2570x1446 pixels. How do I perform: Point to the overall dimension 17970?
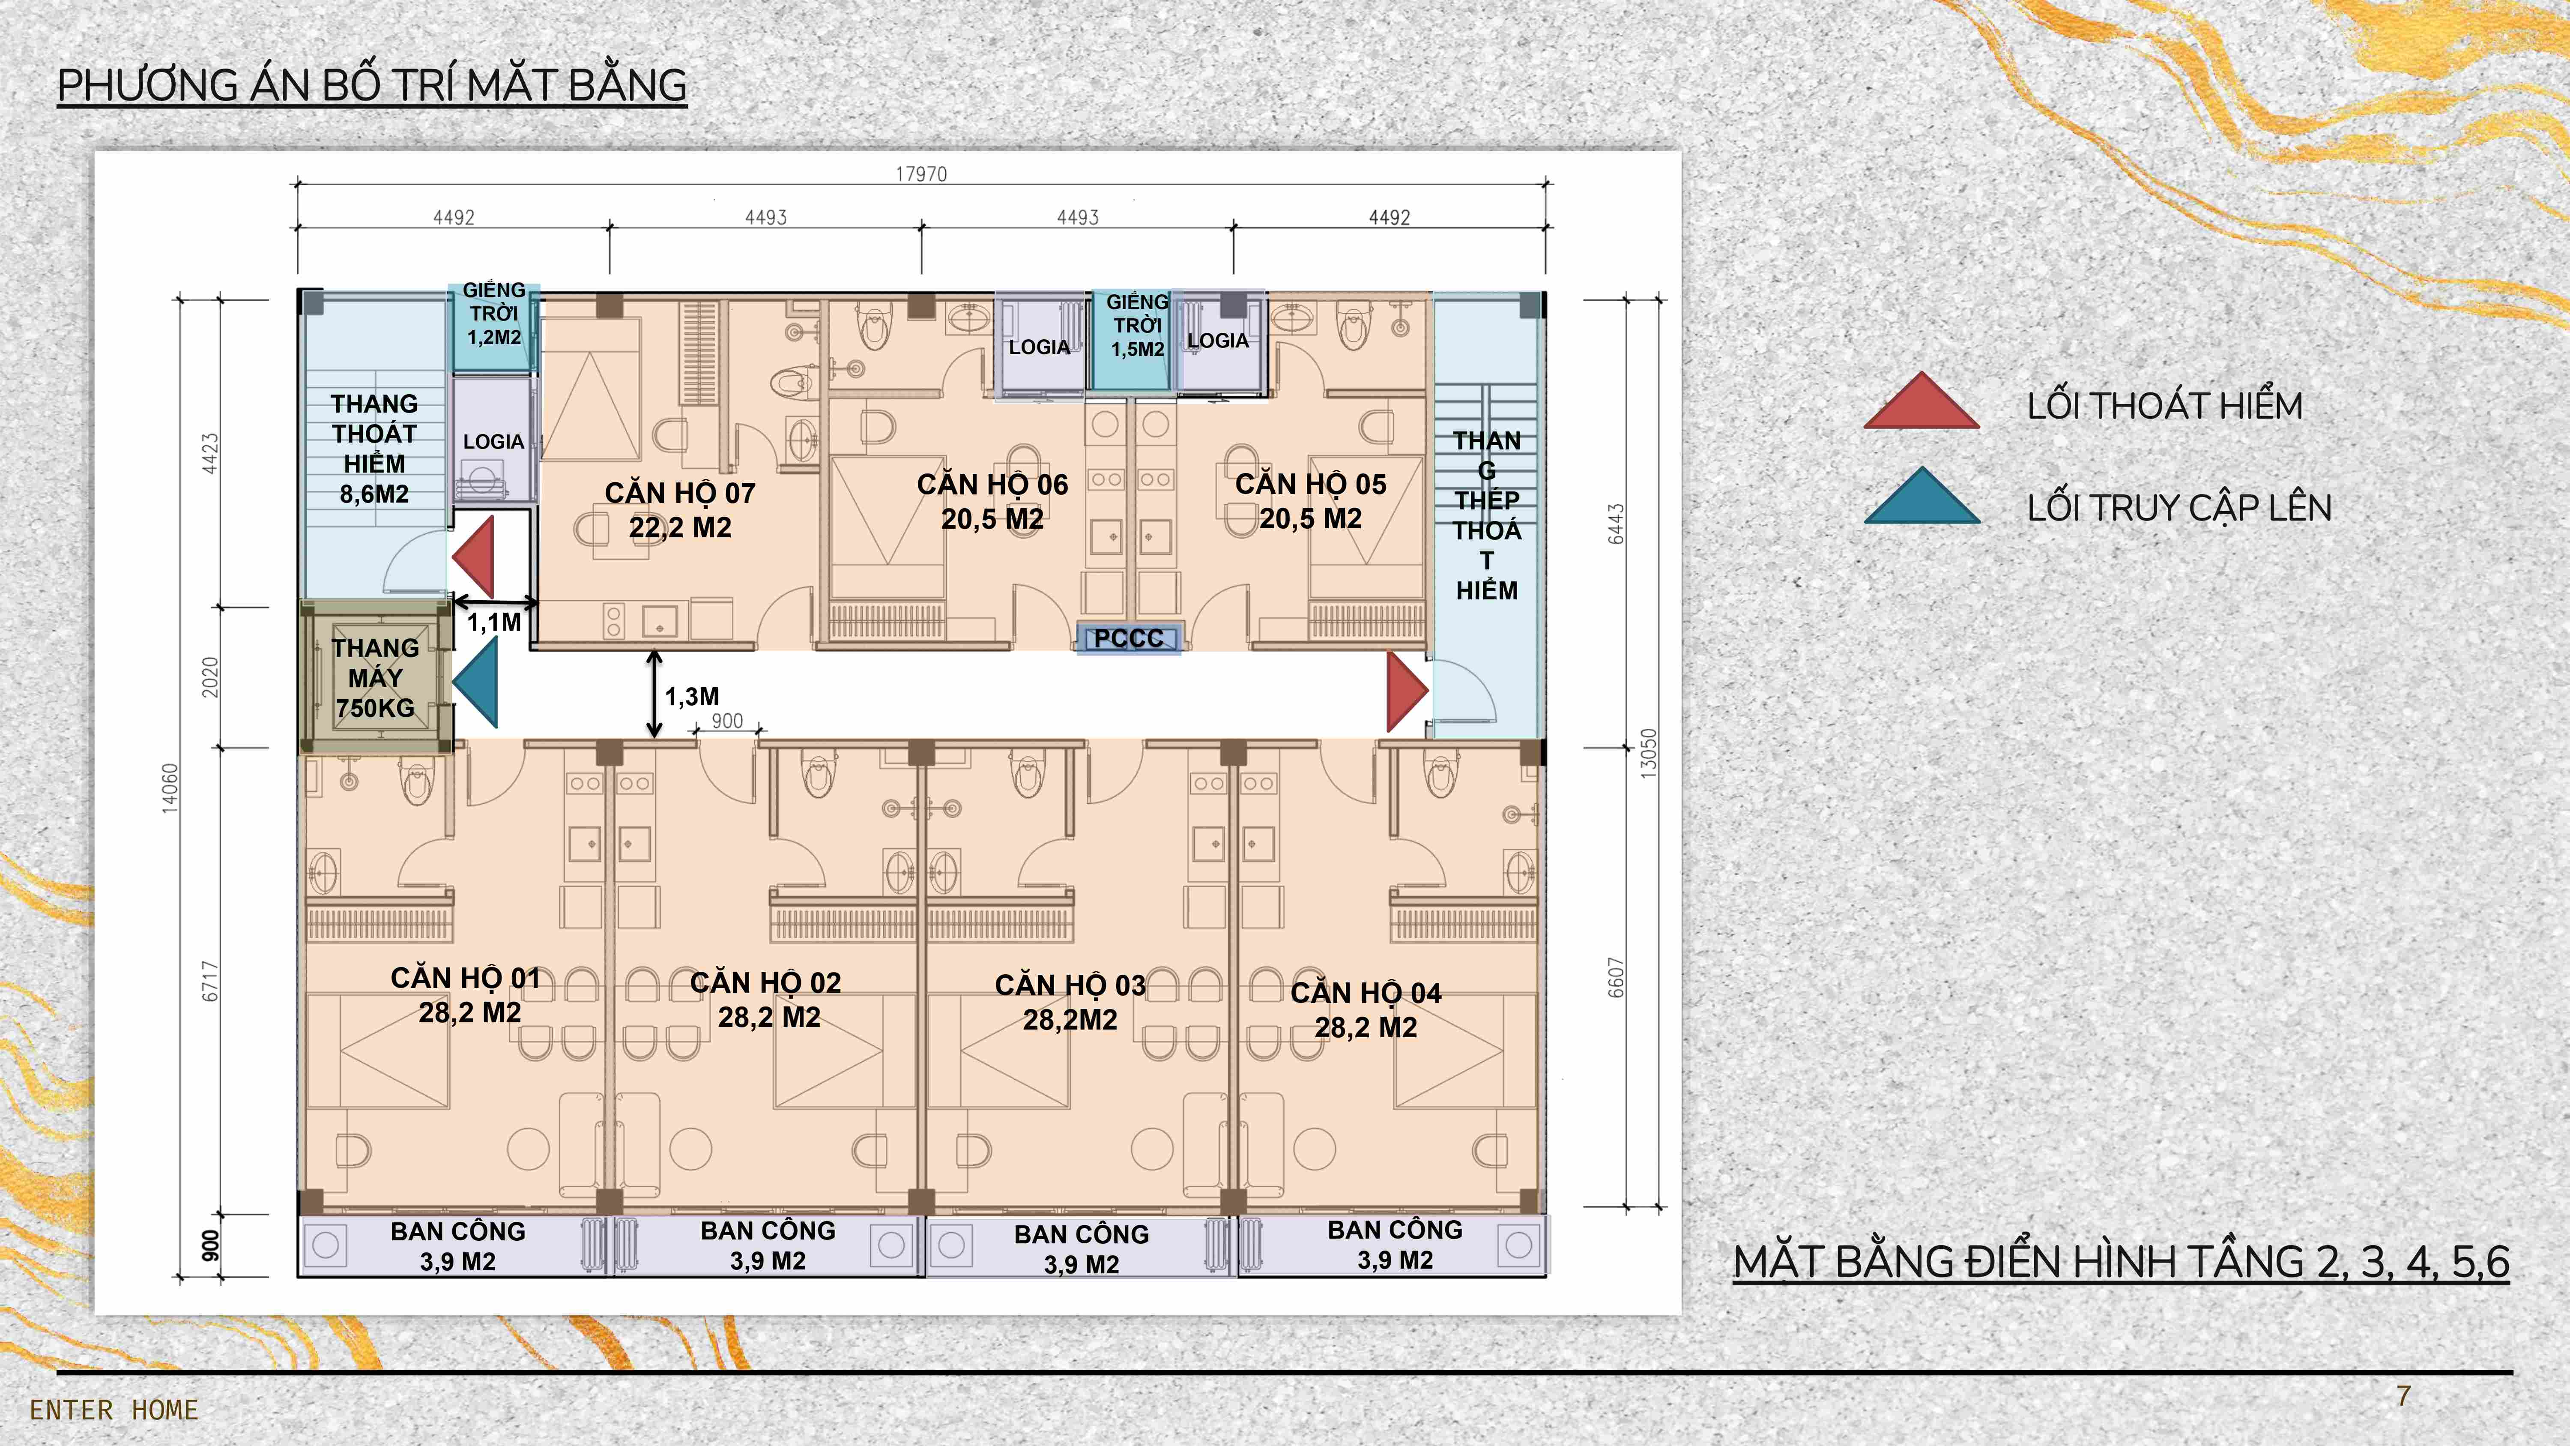pyautogui.click(x=921, y=175)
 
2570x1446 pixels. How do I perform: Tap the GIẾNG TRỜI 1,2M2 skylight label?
pyautogui.click(x=494, y=313)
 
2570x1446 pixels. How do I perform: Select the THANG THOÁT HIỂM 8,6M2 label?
pyautogui.click(x=374, y=449)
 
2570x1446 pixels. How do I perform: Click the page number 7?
pyautogui.click(x=2403, y=1396)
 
